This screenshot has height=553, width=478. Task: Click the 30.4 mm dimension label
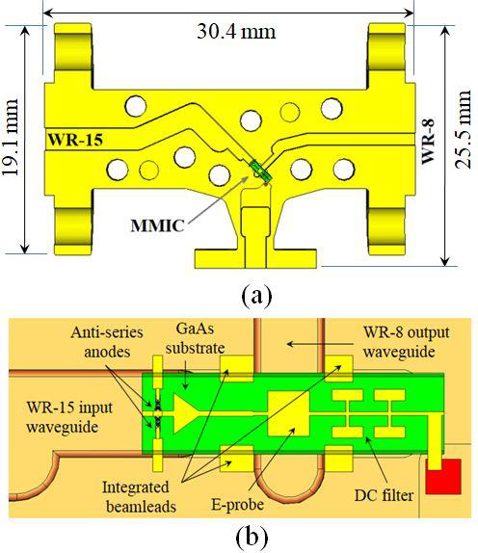[x=236, y=32]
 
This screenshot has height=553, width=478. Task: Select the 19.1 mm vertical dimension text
[x=11, y=137]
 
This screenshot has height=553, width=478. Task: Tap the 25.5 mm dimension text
[x=463, y=130]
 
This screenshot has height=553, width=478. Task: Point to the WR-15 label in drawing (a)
[x=75, y=140]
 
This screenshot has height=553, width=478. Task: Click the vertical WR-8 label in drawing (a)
[x=428, y=142]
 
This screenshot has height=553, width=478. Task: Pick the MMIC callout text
[x=157, y=225]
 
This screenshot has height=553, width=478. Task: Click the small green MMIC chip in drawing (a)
[x=259, y=170]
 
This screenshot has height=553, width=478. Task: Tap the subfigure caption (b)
[x=252, y=537]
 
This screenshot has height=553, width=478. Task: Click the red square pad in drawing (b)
[x=443, y=477]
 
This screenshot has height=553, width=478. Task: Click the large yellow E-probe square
[x=288, y=413]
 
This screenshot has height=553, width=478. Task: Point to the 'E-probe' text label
[x=237, y=504]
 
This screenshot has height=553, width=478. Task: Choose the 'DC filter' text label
[x=384, y=495]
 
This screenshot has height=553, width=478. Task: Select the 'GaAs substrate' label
[x=195, y=338]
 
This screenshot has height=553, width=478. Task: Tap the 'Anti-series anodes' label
[x=107, y=342]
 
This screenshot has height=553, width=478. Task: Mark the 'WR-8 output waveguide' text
[x=407, y=342]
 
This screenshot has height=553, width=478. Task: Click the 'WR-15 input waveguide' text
[x=69, y=417]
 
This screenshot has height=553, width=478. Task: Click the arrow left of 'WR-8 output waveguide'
[x=321, y=344]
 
